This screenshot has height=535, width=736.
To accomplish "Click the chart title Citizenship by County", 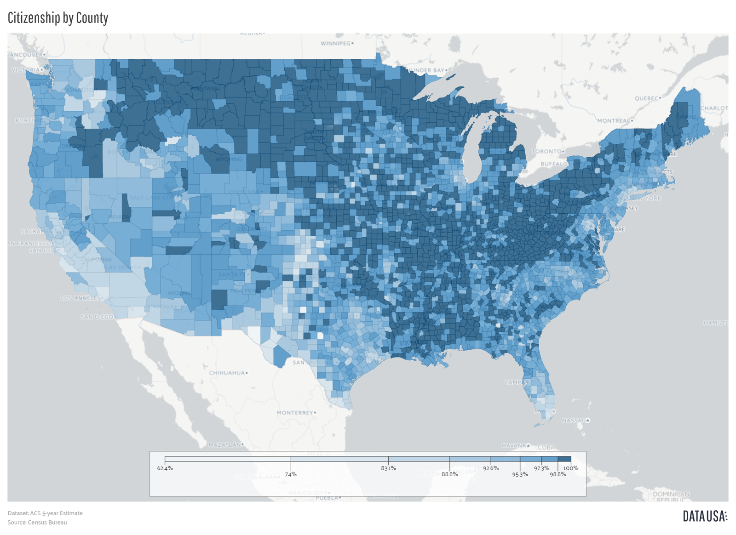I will pyautogui.click(x=58, y=18).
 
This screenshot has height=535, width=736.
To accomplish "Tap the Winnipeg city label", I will pyautogui.click(x=336, y=44).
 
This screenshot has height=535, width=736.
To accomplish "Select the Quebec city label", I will pyautogui.click(x=647, y=98).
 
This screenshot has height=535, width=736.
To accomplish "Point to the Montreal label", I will pyautogui.click(x=614, y=121).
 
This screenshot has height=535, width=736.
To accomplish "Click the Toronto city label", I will pyautogui.click(x=546, y=151).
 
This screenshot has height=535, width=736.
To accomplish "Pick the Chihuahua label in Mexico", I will pyautogui.click(x=227, y=373).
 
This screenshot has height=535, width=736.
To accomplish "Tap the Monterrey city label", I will pyautogui.click(x=295, y=413).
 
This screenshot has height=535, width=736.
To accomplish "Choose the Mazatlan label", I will pyautogui.click(x=224, y=445).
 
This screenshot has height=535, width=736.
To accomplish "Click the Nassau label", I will pyautogui.click(x=574, y=421).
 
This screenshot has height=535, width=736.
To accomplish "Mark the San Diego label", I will pyautogui.click(x=96, y=317).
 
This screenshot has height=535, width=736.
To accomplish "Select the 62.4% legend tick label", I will pyautogui.click(x=165, y=468).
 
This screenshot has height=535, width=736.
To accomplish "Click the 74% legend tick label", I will pyautogui.click(x=291, y=474).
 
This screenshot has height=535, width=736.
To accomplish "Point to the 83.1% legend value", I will pyautogui.click(x=388, y=468).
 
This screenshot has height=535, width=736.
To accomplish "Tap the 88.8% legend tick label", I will pyautogui.click(x=449, y=474).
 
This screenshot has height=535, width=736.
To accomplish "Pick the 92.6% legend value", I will pyautogui.click(x=491, y=468).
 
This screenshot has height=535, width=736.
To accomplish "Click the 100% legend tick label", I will pyautogui.click(x=571, y=468).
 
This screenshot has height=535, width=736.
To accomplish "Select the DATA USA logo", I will pyautogui.click(x=705, y=517).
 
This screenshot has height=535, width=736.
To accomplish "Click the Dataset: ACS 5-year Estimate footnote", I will pyautogui.click(x=45, y=513).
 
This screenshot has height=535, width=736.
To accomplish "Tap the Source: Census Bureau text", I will pyautogui.click(x=37, y=523).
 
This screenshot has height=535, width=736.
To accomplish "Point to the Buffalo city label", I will pyautogui.click(x=554, y=164).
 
